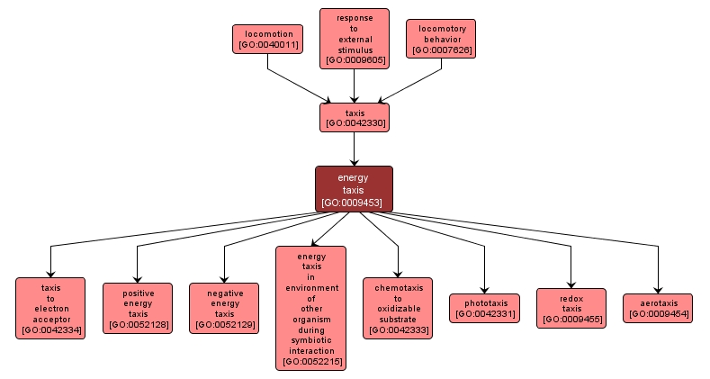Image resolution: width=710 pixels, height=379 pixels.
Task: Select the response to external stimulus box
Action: point(355,39)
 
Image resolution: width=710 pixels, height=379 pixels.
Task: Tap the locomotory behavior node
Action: point(441,39)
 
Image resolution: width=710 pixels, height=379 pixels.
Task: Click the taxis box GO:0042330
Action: point(355,117)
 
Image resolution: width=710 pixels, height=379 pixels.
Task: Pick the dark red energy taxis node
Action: point(354,190)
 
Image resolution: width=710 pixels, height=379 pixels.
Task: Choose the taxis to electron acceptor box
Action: point(50,308)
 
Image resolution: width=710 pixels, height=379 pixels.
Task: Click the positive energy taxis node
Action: point(137,308)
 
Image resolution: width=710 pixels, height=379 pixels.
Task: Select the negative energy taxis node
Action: point(224,308)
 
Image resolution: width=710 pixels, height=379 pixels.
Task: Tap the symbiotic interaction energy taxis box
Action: point(310,308)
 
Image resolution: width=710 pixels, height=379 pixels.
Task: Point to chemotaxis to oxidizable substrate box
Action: point(398,308)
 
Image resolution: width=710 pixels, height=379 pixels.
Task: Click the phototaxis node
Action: point(484,308)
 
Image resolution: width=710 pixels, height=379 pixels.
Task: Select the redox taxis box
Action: point(571,307)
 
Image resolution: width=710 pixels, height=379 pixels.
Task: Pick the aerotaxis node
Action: point(658,308)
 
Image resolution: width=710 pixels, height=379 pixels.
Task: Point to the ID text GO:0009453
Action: point(354,203)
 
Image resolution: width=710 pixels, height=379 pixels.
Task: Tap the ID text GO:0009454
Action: point(658,314)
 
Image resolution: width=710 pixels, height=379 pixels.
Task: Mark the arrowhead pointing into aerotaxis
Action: point(658,287)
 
